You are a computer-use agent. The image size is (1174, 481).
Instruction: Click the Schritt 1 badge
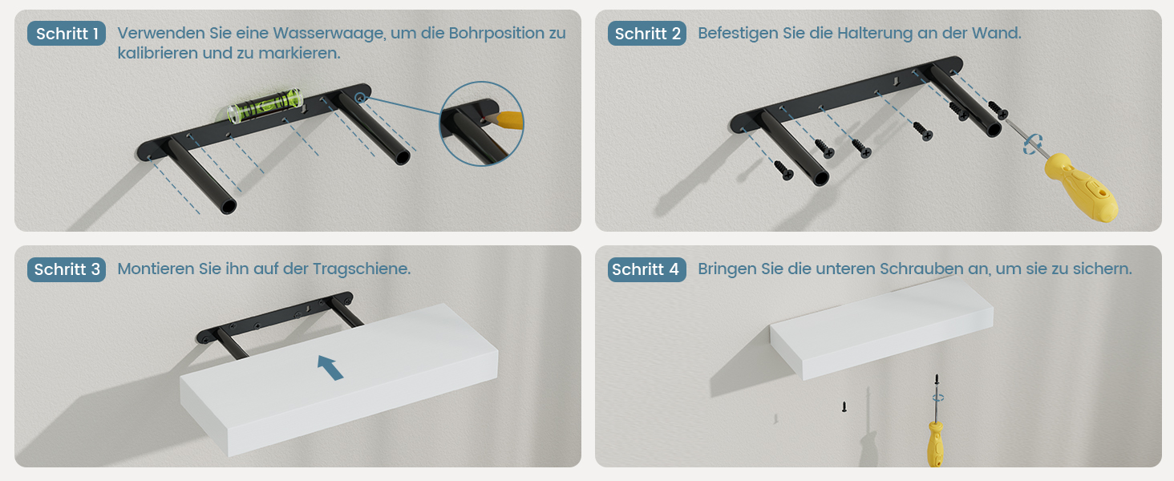click(67, 34)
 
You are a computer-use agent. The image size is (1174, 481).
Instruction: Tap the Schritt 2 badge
click(647, 34)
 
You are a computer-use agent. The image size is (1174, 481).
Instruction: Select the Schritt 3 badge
click(67, 269)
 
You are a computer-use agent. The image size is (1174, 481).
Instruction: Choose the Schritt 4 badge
click(647, 269)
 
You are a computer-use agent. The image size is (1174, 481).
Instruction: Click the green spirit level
click(265, 106)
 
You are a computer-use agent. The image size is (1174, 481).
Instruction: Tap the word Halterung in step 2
click(875, 34)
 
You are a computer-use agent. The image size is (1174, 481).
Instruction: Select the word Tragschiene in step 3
click(362, 269)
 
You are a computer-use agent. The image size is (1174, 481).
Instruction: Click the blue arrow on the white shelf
click(330, 367)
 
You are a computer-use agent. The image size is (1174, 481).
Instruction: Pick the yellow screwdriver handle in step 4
click(935, 444)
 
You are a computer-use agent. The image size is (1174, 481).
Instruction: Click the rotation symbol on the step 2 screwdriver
click(1033, 144)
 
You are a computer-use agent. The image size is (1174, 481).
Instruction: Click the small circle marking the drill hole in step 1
click(359, 98)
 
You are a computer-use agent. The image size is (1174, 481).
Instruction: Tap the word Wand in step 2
click(996, 34)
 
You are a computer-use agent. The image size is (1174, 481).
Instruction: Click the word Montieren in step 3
click(156, 269)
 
